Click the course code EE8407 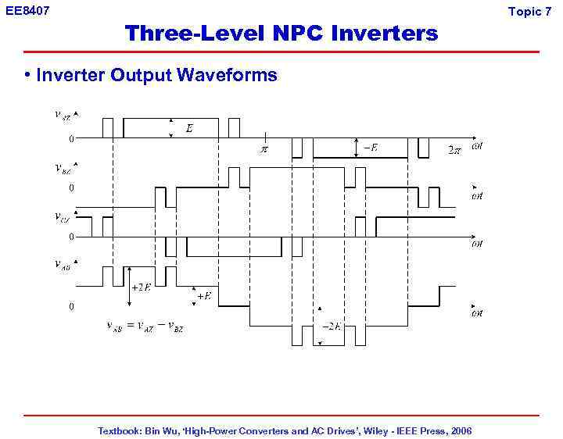click(x=27, y=11)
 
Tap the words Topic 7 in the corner click(x=529, y=11)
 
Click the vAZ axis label click(x=63, y=115)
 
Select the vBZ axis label click(x=63, y=167)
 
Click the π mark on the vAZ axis click(x=264, y=148)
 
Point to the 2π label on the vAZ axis click(x=454, y=149)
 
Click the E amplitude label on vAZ click(x=189, y=128)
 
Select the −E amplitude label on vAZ click(x=370, y=148)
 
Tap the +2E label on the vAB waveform click(x=142, y=287)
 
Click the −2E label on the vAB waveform click(x=332, y=326)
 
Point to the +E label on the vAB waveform click(x=203, y=296)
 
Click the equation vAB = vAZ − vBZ click(x=145, y=326)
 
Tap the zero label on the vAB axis click(x=71, y=306)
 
